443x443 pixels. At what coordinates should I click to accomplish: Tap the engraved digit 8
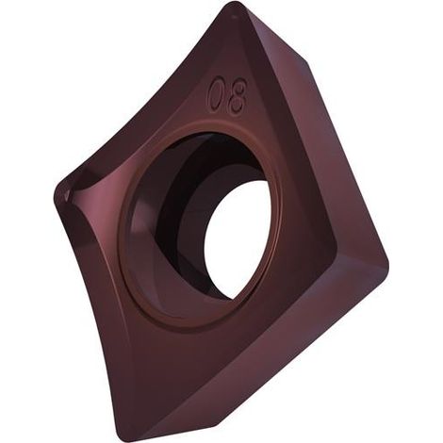click(x=238, y=93)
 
